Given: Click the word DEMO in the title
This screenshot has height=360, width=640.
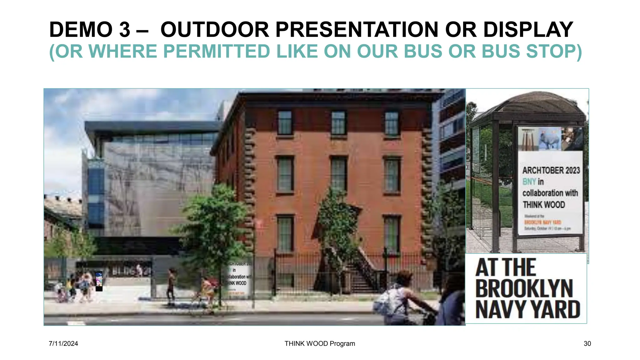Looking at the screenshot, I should (x=81, y=30).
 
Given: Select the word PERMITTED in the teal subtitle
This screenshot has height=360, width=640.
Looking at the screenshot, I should (x=216, y=52).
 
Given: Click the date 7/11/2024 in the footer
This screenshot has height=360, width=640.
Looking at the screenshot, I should (x=63, y=344).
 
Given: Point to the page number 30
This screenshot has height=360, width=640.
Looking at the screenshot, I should (x=587, y=344).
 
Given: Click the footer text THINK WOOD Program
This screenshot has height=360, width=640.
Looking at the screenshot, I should (x=320, y=344).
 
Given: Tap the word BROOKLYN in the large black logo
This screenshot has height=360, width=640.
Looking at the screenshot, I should (x=524, y=289).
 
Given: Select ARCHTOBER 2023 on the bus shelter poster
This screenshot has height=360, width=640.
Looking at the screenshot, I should (x=551, y=170).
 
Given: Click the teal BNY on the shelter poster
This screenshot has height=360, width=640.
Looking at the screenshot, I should (x=529, y=182).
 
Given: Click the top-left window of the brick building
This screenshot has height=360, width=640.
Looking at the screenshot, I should (x=285, y=123).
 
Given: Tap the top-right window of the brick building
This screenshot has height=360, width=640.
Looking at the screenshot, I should (x=392, y=123).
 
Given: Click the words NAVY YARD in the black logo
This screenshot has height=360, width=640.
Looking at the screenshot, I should (x=527, y=309).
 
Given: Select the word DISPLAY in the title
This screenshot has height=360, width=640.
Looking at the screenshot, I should (x=528, y=30).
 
